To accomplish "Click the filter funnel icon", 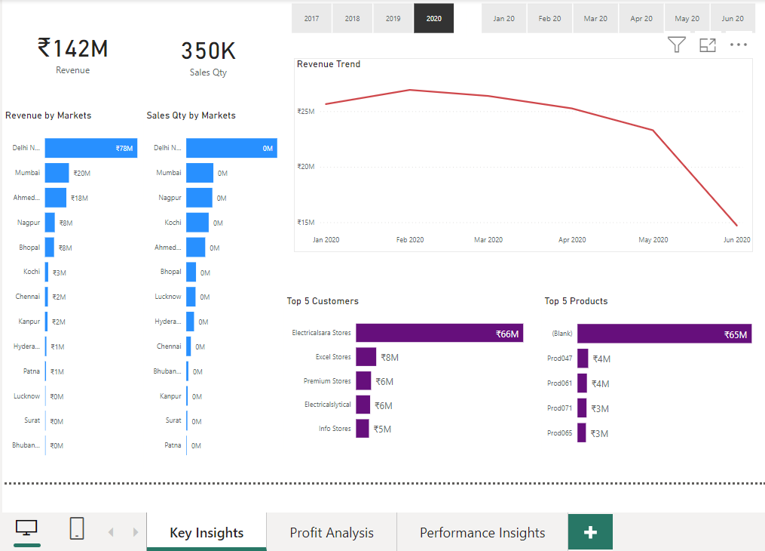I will point(676,45).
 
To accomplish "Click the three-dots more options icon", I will point(738,45).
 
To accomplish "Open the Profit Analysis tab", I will point(332,533).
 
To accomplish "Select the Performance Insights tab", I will point(482,533).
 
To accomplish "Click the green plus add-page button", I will point(590,533).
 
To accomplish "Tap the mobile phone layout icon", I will point(77,529).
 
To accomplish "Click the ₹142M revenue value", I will point(72,49).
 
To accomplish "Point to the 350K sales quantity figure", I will point(208,51).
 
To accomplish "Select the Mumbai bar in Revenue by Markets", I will point(57,173).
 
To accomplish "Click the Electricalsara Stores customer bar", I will point(439,333).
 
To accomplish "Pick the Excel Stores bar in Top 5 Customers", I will point(366,357).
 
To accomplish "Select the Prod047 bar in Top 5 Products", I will point(583,359).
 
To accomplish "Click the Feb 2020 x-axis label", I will point(410,240).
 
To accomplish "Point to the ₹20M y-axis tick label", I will point(305,167).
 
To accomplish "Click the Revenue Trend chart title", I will point(329,65).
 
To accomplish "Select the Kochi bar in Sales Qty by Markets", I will point(197,223).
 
